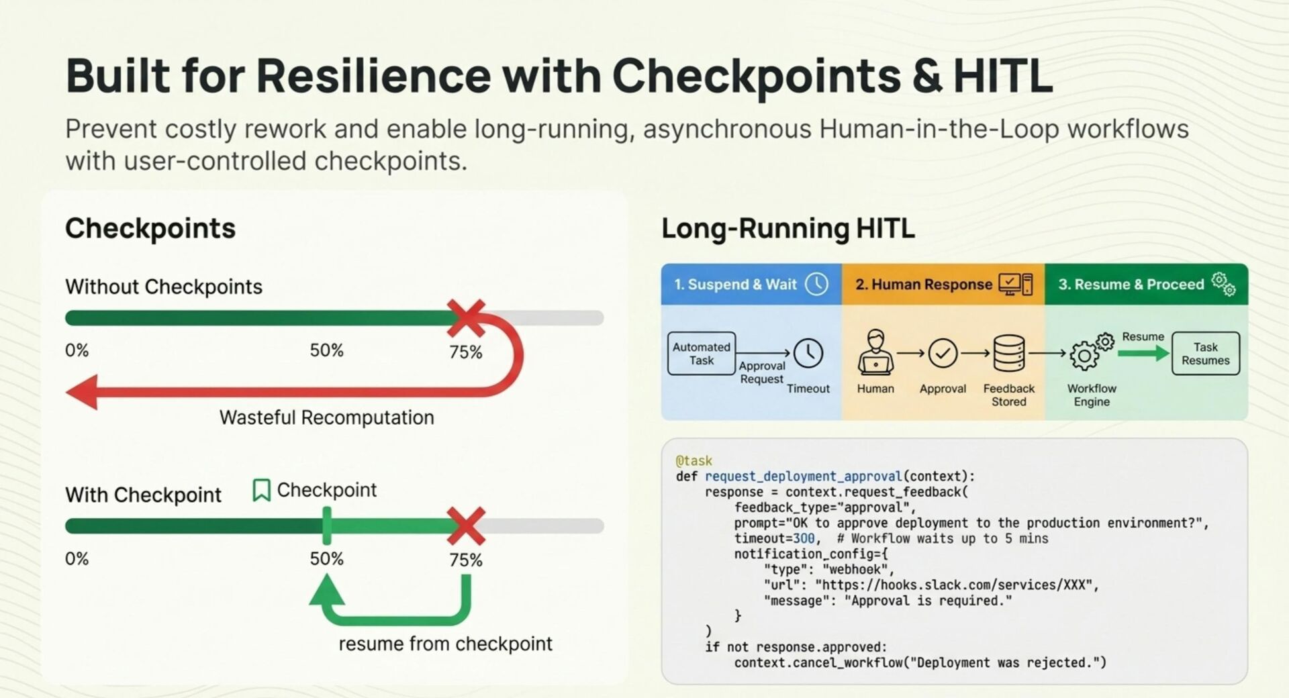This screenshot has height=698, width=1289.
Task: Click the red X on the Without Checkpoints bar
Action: tap(466, 318)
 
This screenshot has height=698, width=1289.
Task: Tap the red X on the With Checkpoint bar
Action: tap(466, 526)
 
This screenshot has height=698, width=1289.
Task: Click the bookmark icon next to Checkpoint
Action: tap(261, 490)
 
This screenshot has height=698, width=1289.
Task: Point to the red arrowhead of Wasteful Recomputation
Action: tap(83, 391)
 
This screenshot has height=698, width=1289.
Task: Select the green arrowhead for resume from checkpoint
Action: tap(327, 591)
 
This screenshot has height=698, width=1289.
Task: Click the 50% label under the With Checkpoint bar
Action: tap(326, 559)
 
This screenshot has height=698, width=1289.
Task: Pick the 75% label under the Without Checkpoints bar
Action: tap(466, 352)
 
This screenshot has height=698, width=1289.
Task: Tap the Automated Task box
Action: tap(702, 354)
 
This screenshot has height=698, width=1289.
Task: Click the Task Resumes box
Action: tap(1205, 354)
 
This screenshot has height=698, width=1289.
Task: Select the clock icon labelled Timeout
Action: tap(808, 353)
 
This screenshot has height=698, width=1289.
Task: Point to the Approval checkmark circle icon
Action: tap(943, 353)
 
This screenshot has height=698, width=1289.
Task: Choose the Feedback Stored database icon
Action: tap(1008, 353)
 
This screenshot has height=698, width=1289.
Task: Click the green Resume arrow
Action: tap(1143, 353)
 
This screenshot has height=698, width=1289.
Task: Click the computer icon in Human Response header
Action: tap(1015, 285)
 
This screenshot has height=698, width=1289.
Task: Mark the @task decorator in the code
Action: tap(694, 461)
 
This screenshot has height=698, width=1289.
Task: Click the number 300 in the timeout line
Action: tap(804, 538)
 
